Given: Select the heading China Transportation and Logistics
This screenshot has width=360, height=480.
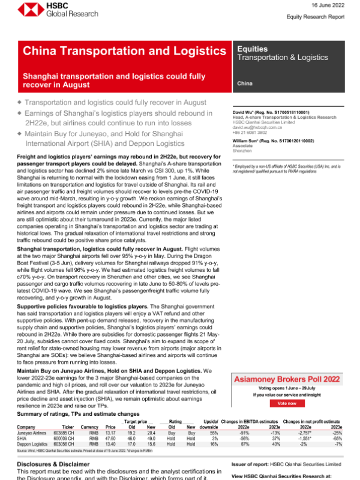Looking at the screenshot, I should click(x=124, y=52).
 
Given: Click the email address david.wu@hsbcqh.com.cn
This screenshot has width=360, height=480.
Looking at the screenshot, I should click(x=266, y=128).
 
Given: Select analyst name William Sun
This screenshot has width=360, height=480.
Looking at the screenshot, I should click(x=261, y=140).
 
